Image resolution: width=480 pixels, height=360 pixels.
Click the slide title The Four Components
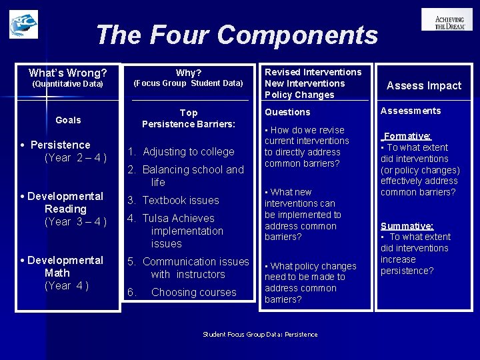[x=237, y=35]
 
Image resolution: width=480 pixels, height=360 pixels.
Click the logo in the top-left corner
[x=23, y=24]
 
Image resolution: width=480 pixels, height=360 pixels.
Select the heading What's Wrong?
[x=68, y=73]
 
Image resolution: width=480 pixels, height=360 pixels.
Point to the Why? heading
[x=189, y=72]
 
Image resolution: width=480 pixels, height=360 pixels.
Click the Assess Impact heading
[x=424, y=85]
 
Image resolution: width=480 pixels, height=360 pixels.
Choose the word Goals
[x=68, y=120]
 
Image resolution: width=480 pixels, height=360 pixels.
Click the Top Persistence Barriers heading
[x=189, y=118]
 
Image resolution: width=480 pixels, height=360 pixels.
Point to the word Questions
[x=287, y=112]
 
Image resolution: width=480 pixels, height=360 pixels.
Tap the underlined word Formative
[x=407, y=135]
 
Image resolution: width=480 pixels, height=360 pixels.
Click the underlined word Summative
[x=407, y=226]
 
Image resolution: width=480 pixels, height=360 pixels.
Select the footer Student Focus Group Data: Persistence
[x=260, y=334]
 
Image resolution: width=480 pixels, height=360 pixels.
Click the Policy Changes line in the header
[x=299, y=95]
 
